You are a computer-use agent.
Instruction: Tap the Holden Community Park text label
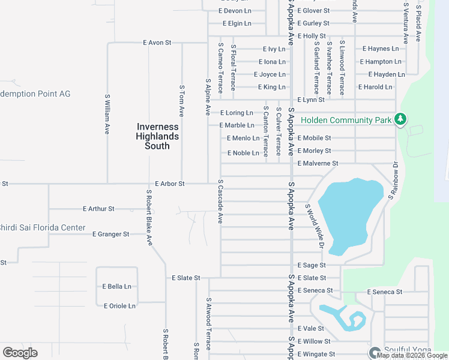[346, 120]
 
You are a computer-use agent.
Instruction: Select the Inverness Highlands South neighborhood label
[157, 136]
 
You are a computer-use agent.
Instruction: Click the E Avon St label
[157, 43]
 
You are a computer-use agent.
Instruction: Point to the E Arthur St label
[98, 209]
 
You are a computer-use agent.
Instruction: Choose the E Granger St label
[111, 234]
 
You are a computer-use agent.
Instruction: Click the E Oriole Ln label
[119, 306]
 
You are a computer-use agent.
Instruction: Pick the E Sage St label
[312, 265]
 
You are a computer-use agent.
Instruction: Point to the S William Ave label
[107, 113]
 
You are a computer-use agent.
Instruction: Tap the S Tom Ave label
[182, 100]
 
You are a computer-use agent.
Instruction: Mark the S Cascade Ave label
[221, 202]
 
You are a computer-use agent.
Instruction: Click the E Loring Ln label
[237, 113]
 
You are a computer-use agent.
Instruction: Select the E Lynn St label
[311, 100]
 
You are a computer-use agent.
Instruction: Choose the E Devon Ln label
[235, 11]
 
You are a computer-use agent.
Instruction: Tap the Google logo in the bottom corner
[20, 353]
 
